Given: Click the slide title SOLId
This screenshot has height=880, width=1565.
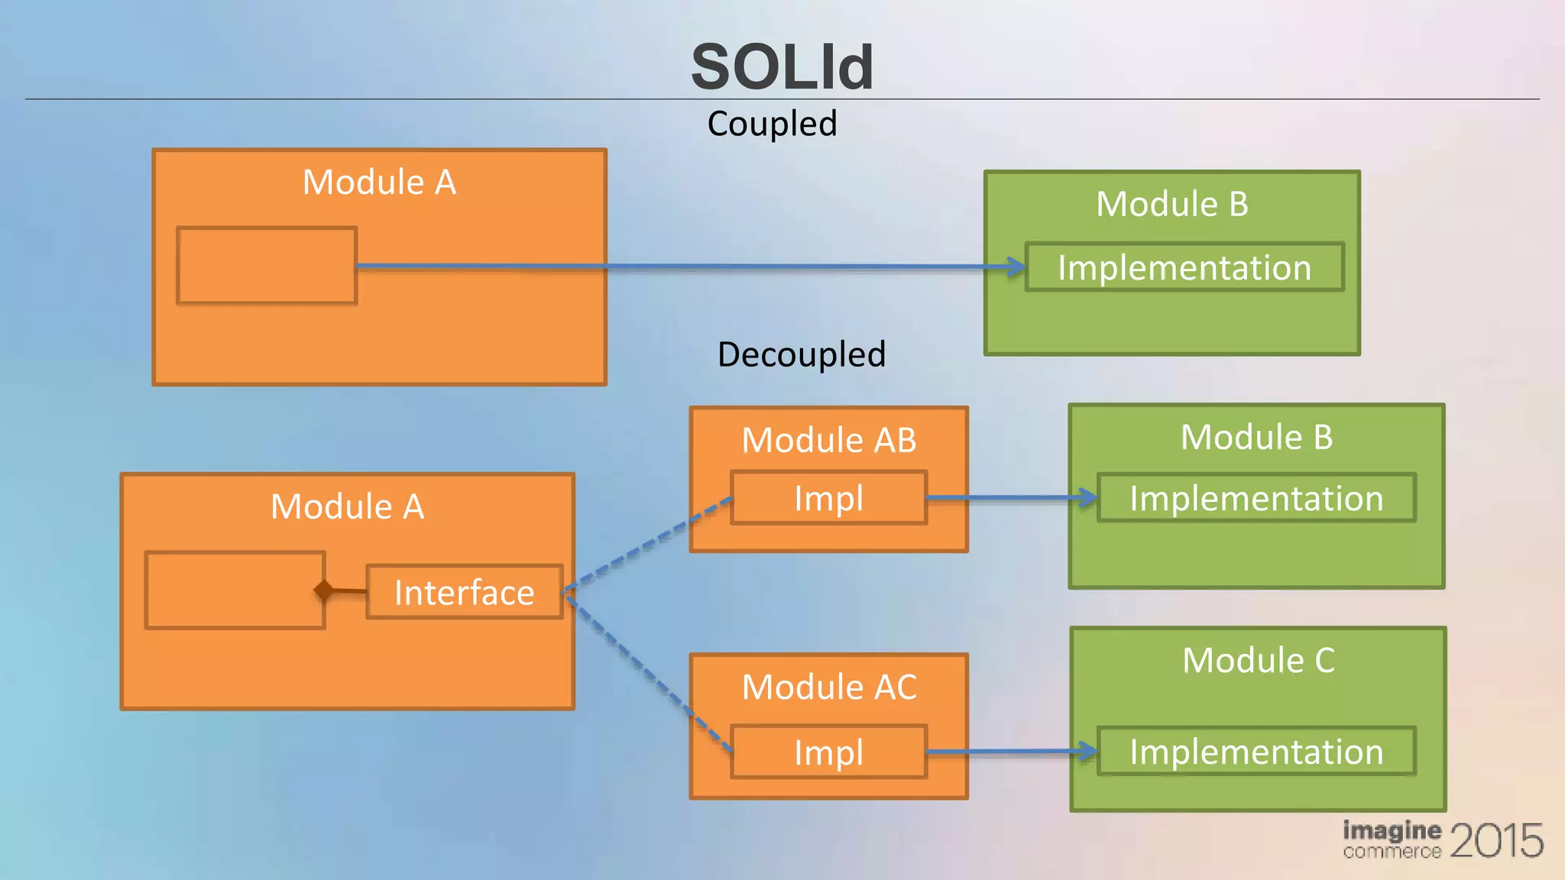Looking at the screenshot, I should [x=782, y=67].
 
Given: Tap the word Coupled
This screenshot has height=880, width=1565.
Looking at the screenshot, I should [x=772, y=124].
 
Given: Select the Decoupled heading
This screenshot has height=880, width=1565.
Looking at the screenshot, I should [x=801, y=354].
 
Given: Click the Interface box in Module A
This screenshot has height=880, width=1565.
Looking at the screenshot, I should [x=464, y=592].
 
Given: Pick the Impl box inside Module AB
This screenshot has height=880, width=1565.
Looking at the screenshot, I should [x=828, y=498].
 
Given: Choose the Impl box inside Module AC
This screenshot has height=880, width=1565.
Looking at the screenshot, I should [x=828, y=752].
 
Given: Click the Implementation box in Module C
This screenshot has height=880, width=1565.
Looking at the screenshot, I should [x=1256, y=752].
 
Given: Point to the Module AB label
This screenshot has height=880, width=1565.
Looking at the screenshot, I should [x=828, y=440].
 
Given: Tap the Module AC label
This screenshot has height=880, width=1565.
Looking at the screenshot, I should [x=828, y=687].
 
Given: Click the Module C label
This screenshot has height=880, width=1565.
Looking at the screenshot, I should [x=1258, y=660].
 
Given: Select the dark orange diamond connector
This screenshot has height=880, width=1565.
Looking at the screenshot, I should [x=324, y=590].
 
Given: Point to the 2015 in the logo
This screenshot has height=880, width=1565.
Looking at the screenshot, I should [x=1495, y=840].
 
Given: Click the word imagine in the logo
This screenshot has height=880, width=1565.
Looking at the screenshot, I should [x=1392, y=830].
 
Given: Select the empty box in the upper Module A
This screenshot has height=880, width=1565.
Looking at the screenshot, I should [x=267, y=265].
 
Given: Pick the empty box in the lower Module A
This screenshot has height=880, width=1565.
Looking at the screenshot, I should [x=235, y=590].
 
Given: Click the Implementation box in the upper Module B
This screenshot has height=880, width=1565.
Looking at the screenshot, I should [x=1184, y=267].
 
